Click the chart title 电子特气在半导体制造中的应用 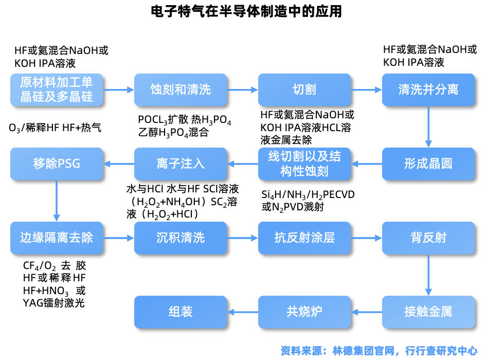point(246,11)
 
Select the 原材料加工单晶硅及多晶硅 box point(57,90)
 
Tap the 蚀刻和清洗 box point(181,90)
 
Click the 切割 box point(304,90)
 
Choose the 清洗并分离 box point(428,90)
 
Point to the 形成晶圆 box point(428,164)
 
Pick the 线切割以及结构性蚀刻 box point(304,164)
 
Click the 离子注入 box point(181,164)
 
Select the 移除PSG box point(57,164)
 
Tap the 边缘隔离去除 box point(57,238)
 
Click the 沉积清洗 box point(181,238)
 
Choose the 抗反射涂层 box point(304,238)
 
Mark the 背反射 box point(428,238)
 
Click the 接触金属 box point(428,312)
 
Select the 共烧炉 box point(304,312)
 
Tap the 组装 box point(181,312)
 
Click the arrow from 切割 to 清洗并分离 point(366,90)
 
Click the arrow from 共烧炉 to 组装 point(242,312)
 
